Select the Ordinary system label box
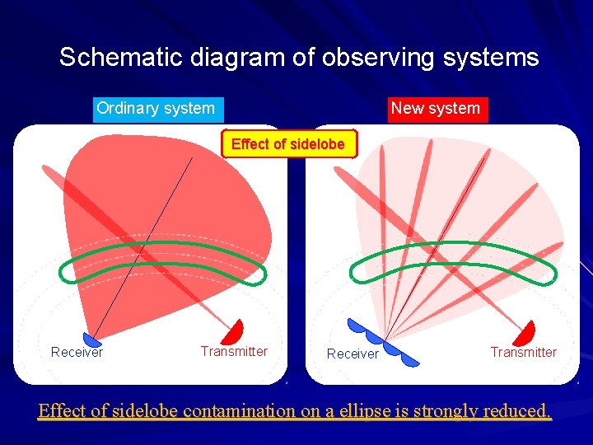click(156, 109)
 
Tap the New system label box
click(435, 109)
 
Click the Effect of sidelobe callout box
click(288, 144)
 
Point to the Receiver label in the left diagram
click(77, 353)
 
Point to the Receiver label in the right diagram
click(353, 354)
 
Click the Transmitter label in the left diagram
click(234, 352)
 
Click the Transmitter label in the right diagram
click(523, 353)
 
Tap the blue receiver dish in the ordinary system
click(92, 339)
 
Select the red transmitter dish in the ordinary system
click(234, 331)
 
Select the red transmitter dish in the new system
click(524, 333)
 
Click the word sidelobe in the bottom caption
click(145, 410)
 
